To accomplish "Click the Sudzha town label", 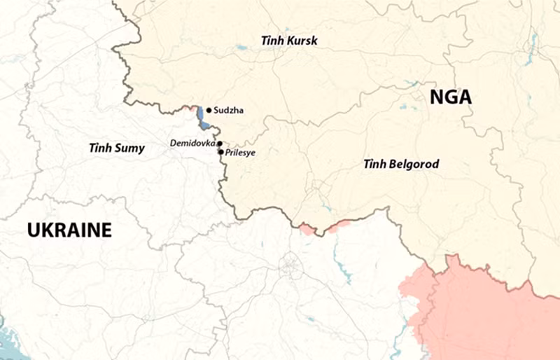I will click(x=229, y=110).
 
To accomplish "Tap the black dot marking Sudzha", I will click(x=209, y=110).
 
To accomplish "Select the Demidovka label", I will click(x=192, y=143).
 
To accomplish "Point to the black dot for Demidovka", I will click(x=219, y=144).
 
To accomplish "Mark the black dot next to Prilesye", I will click(x=221, y=151).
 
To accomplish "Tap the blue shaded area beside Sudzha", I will click(x=202, y=118).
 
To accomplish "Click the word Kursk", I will click(x=301, y=41).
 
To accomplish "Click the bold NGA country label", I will click(x=450, y=98).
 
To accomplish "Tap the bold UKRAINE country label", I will click(x=69, y=230).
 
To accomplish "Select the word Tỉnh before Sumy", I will click(x=101, y=148).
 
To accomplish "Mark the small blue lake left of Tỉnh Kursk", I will click(x=241, y=48).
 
